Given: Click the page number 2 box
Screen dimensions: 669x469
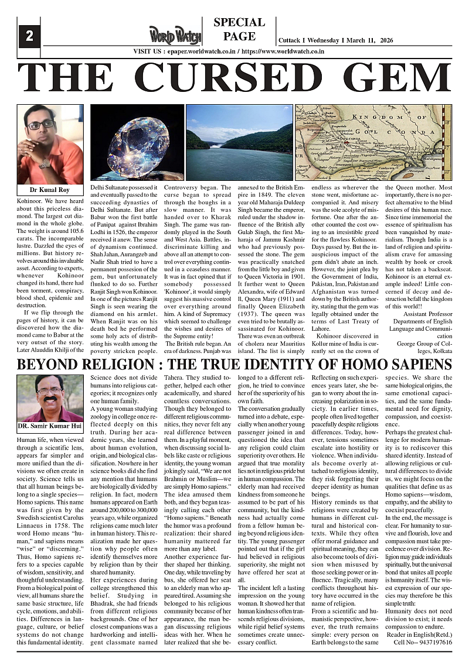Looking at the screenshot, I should tap(29, 36).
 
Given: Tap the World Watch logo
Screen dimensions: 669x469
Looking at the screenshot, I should tap(175, 35).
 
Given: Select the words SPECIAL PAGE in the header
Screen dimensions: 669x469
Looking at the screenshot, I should tap(239, 29).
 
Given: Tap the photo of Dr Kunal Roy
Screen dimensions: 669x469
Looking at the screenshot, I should tap(50, 144).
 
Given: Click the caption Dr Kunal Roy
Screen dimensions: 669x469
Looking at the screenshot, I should tap(50, 190).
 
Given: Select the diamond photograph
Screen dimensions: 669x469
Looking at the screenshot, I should tap(137, 144).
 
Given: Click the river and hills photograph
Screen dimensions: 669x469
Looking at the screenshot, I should tap(239, 144).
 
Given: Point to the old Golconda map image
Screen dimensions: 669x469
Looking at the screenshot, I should tap(372, 144).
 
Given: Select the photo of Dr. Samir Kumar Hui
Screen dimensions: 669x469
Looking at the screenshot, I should tap(50, 398).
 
